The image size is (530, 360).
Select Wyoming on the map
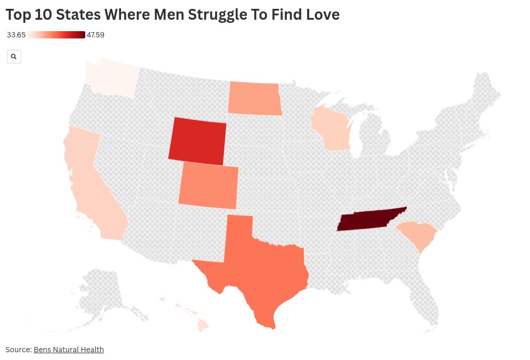(x=198, y=140)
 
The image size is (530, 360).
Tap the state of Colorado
(x=208, y=186)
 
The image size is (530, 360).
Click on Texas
(x=260, y=275)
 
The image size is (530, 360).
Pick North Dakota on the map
(x=254, y=98)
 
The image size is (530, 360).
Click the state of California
(x=94, y=187)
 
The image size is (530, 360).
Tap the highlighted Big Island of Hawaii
(x=203, y=325)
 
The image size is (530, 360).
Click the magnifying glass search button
(x=14, y=57)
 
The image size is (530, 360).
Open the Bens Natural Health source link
(x=69, y=350)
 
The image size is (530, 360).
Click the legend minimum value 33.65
(x=16, y=35)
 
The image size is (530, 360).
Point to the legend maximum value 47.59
(x=96, y=35)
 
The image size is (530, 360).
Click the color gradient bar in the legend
(x=56, y=35)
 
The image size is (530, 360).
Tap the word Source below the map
(x=18, y=350)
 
